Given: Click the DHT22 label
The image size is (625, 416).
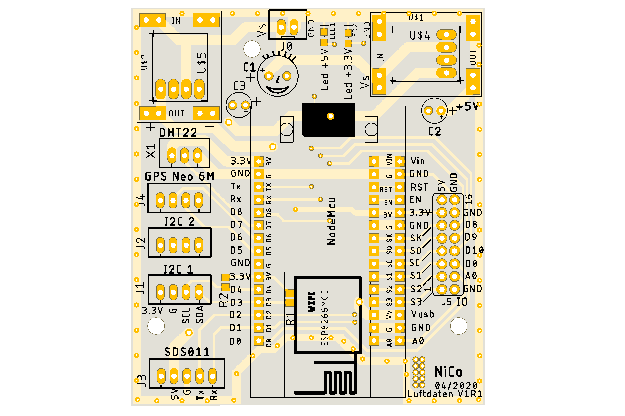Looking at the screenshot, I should coord(178,132).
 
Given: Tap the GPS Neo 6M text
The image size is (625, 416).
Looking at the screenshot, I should coord(179,176).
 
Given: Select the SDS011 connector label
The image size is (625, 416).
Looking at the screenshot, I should coord(187,352).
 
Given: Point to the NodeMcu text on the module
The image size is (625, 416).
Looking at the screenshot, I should coord(331,221).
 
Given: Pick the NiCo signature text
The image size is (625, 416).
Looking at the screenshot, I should coord(448,372).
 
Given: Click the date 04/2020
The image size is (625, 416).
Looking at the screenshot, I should coord(456,385).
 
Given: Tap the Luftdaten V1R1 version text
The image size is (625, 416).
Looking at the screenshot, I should coord(445,394).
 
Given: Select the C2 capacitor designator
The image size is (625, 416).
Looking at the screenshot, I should coord(434,131).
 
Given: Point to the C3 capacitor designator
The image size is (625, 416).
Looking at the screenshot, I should coord(239,86).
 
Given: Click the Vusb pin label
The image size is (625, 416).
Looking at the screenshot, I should coord(422,314).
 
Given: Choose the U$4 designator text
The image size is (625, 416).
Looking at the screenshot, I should coord(420,35).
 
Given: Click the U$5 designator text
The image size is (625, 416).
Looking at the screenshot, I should coord(201,63).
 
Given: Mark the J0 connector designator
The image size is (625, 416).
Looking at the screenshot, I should coord(287,46).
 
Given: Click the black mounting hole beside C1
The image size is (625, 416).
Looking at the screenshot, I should coord(252,49).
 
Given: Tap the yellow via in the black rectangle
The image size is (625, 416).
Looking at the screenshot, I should coord(331,116).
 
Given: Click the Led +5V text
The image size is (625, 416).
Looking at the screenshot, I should coord(325,69).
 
